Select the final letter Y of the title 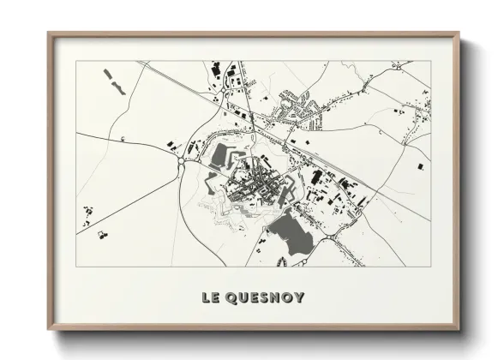pyautogui.click(x=297, y=298)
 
